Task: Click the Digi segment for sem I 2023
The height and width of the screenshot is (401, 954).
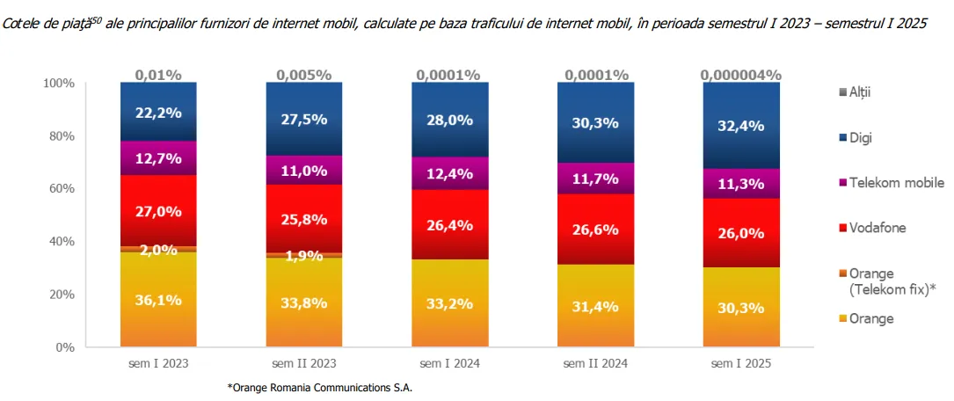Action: click(158, 112)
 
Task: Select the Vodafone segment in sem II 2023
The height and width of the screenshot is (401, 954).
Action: click(304, 218)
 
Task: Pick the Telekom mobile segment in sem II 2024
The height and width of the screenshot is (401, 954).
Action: click(595, 179)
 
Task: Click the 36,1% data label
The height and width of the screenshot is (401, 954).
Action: click(158, 300)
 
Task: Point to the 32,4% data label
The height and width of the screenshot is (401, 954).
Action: click(741, 126)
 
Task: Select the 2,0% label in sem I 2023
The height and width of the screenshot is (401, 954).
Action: click(158, 250)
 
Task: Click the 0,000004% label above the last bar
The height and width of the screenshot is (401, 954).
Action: click(741, 75)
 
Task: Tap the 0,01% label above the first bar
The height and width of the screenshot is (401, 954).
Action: click(158, 75)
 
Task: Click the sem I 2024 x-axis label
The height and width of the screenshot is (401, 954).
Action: click(449, 362)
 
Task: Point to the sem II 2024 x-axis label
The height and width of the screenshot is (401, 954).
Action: click(595, 362)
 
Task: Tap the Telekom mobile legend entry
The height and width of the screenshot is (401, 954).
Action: click(891, 182)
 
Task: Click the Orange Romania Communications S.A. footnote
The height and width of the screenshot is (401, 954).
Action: click(320, 387)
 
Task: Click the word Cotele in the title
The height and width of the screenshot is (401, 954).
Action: click(21, 23)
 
